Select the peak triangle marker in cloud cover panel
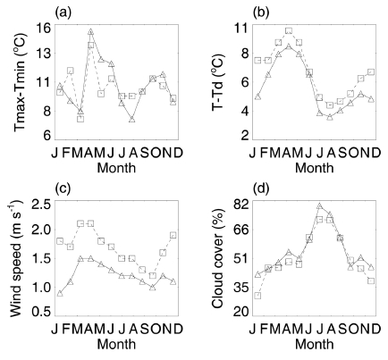point(320,206)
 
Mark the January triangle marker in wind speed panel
point(60,293)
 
